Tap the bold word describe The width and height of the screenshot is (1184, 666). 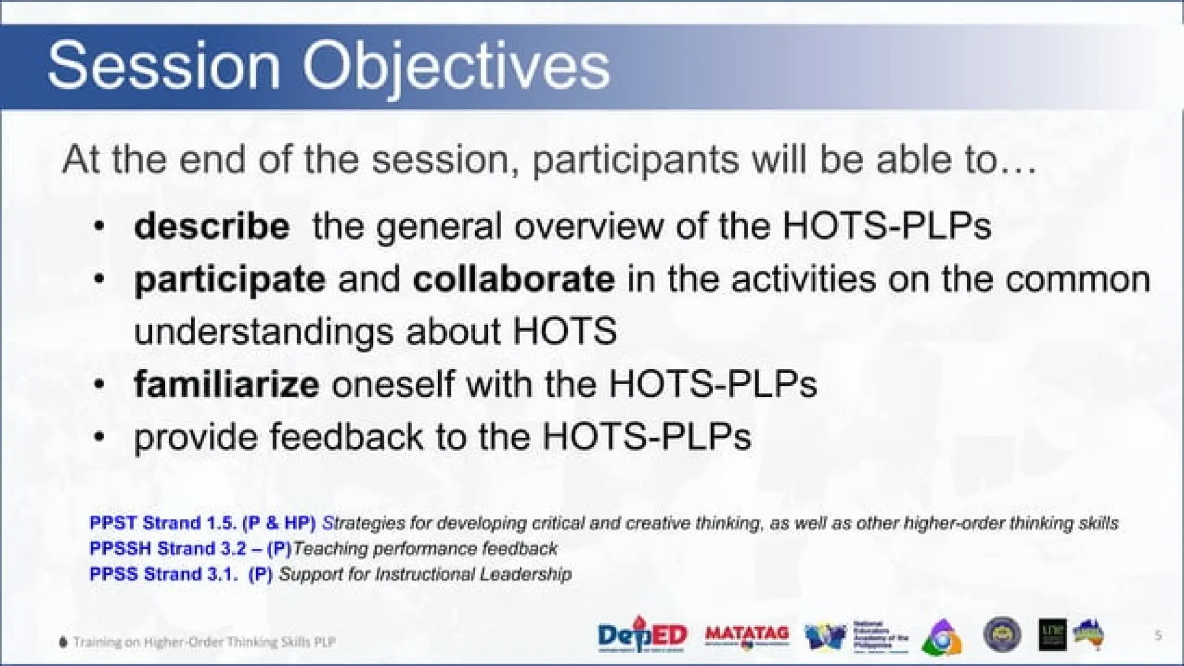(212, 226)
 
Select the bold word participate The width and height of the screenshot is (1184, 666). (230, 280)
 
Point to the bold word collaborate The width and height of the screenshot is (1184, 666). (513, 279)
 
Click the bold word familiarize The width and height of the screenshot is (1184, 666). (226, 384)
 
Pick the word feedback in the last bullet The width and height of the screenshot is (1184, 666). (346, 436)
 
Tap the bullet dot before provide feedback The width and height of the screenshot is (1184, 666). (99, 437)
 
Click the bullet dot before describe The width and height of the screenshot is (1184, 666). (99, 226)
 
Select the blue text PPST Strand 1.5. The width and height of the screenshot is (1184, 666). (162, 523)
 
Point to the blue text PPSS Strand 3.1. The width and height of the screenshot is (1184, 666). (162, 574)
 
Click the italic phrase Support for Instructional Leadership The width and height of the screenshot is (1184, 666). (425, 574)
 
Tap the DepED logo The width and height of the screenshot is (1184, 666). (642, 635)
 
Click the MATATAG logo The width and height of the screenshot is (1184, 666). (747, 635)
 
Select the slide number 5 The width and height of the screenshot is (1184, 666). (1157, 635)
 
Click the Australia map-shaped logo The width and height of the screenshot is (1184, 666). (1089, 634)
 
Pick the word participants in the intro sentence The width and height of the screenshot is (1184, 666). (635, 161)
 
